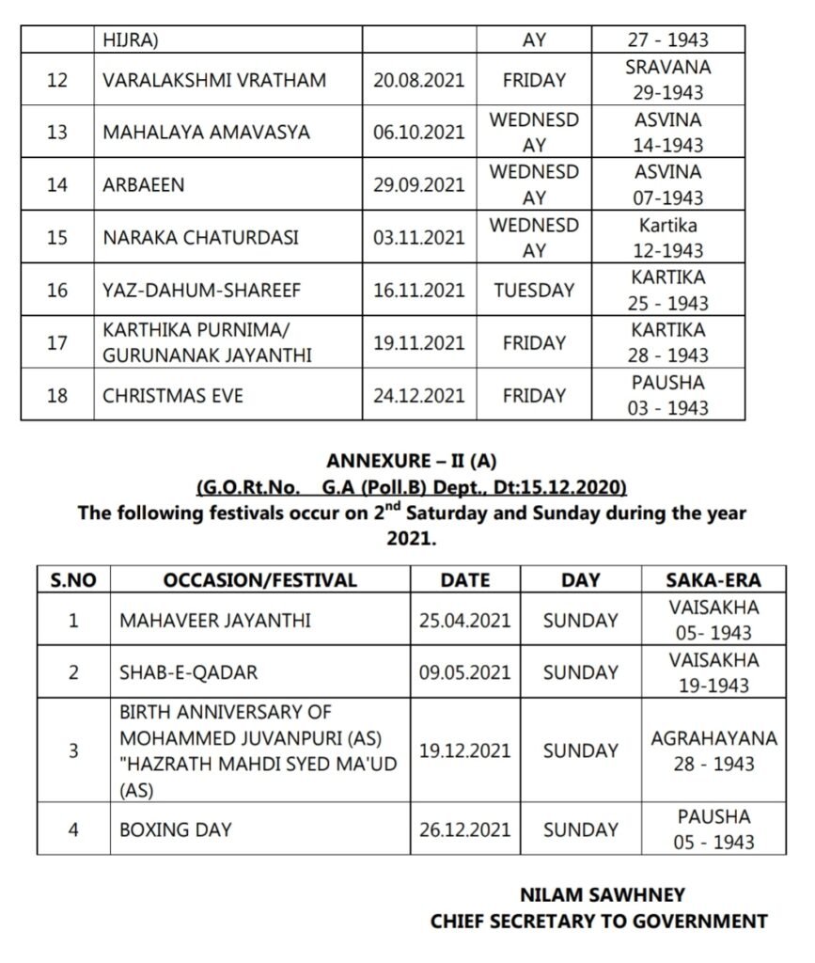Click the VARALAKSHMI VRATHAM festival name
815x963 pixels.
(x=214, y=81)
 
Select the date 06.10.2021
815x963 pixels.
(x=418, y=133)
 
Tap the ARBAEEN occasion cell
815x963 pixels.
(x=144, y=185)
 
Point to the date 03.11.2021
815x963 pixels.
(x=418, y=237)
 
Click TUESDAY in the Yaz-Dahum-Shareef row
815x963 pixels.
(x=533, y=291)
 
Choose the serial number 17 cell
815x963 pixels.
(x=57, y=343)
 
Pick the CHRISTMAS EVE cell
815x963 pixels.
(x=173, y=396)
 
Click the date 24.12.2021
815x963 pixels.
(x=418, y=396)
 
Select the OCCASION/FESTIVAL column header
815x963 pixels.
(x=259, y=580)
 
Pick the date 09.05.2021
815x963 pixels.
(x=464, y=672)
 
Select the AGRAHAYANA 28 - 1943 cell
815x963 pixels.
(x=714, y=750)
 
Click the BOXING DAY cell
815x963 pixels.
(x=177, y=829)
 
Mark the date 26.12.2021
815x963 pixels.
(x=464, y=829)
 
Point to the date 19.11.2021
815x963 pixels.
(x=418, y=343)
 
